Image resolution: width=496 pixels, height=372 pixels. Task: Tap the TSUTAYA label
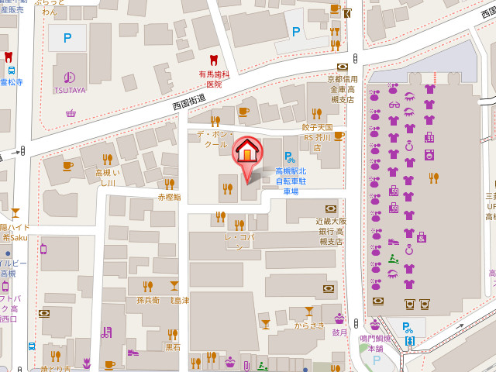click(x=70, y=91)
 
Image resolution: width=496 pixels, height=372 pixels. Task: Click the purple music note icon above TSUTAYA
click(x=70, y=77)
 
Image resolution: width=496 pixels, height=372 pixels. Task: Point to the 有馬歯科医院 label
click(x=214, y=78)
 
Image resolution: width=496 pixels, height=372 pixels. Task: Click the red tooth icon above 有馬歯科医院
click(x=214, y=60)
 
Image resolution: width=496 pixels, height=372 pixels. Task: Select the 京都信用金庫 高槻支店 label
click(x=342, y=89)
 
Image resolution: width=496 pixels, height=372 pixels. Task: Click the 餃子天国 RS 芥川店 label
click(x=317, y=136)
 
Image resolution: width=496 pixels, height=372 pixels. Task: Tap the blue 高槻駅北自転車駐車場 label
click(x=291, y=181)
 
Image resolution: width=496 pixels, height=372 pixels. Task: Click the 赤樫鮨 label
click(x=169, y=197)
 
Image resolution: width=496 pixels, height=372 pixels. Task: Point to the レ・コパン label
click(x=239, y=241)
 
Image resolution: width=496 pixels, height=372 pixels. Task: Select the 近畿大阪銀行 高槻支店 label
click(x=329, y=231)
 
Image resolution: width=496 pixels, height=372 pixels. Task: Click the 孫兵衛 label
click(x=147, y=300)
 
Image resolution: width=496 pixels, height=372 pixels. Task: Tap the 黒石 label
click(x=173, y=347)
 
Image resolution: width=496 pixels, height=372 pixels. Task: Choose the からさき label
click(x=309, y=325)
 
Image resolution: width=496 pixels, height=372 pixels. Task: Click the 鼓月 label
click(x=339, y=332)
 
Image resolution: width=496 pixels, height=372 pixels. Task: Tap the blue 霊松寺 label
click(x=11, y=82)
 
